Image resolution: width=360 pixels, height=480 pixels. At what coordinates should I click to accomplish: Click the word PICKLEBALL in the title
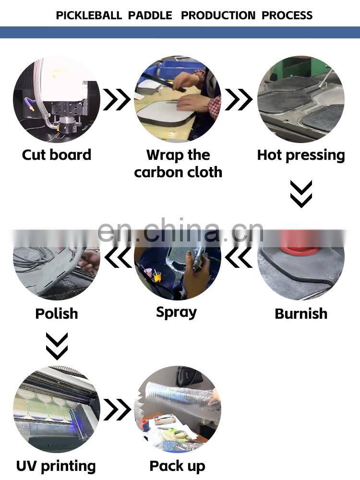pyautogui.click(x=89, y=15)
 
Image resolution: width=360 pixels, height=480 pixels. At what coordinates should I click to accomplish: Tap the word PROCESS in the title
pyautogui.click(x=287, y=15)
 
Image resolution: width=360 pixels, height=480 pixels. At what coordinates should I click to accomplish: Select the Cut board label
pyautogui.click(x=57, y=155)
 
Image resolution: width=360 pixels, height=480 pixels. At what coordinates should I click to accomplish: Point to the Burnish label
pyautogui.click(x=301, y=314)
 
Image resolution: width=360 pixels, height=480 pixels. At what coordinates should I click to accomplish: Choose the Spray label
pyautogui.click(x=176, y=313)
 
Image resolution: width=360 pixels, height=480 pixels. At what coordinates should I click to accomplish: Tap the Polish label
pyautogui.click(x=57, y=314)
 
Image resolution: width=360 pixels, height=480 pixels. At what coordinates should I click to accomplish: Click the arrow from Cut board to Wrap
pyautogui.click(x=117, y=99)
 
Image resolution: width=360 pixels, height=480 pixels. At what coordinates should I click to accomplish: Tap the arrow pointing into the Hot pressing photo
pyautogui.click(x=239, y=99)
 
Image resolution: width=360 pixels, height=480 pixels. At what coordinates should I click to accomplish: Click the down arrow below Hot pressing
pyautogui.click(x=301, y=194)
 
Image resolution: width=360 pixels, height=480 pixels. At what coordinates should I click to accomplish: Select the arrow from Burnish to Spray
pyautogui.click(x=239, y=257)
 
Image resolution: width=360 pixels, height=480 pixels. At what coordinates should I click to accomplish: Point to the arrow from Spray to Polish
pyautogui.click(x=118, y=257)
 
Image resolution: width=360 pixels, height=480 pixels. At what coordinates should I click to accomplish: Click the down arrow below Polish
pyautogui.click(x=57, y=346)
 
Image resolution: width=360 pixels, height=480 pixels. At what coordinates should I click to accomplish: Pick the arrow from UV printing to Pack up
pyautogui.click(x=117, y=409)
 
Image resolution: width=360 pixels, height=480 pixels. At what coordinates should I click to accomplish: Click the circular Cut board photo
pyautogui.click(x=57, y=99)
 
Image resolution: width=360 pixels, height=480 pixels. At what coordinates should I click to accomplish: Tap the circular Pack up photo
pyautogui.click(x=178, y=409)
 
